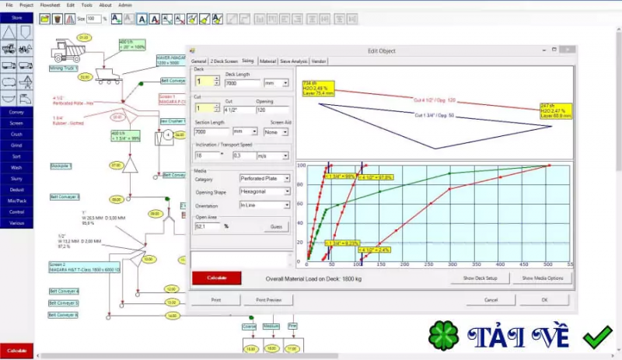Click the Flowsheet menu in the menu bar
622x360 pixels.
tap(48, 5)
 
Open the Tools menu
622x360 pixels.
tap(86, 5)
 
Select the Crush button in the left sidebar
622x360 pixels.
tap(16, 134)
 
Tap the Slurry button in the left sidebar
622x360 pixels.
tap(16, 178)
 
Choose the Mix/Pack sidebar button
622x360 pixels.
tap(16, 200)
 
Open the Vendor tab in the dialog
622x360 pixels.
tap(318, 60)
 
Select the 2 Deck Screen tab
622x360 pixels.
tap(224, 60)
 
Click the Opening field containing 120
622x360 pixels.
tap(274, 110)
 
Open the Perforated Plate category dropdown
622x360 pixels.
tap(264, 179)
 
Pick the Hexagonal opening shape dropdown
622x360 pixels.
tap(264, 191)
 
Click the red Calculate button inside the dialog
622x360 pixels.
tap(216, 278)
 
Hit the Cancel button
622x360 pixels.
tap(491, 299)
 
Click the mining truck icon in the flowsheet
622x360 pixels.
tap(71, 51)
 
